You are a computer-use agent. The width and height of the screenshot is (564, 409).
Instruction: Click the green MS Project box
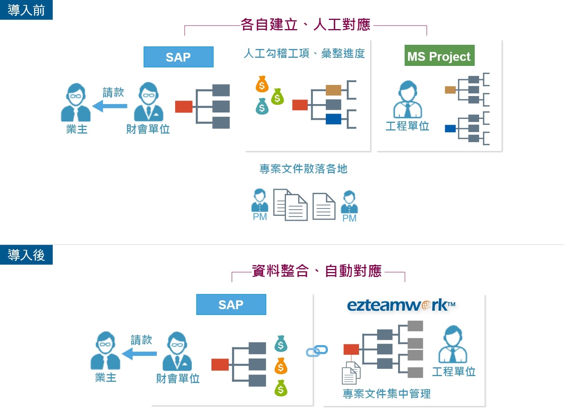439,56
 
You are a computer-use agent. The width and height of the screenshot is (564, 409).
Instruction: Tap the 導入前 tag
26,10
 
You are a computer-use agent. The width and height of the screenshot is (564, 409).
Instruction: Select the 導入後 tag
26,255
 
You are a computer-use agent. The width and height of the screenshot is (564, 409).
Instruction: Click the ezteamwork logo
401,305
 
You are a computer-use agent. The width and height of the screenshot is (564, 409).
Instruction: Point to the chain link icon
317,351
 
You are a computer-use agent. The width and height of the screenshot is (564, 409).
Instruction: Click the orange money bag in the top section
262,84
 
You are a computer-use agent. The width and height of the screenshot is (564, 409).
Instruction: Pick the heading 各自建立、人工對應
305,24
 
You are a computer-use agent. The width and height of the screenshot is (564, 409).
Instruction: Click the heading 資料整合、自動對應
317,271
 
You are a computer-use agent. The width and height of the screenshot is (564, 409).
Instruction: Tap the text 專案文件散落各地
303,169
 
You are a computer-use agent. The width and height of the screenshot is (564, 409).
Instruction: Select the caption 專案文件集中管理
387,393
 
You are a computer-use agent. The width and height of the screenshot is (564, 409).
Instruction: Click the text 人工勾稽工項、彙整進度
304,54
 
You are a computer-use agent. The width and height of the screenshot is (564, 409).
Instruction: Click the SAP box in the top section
178,57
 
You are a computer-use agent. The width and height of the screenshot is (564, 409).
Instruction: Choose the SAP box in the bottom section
231,305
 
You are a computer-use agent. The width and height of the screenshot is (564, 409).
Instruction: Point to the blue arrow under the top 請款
110,106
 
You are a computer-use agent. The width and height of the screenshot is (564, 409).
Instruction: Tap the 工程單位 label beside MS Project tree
407,126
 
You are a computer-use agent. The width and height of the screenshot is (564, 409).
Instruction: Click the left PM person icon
260,200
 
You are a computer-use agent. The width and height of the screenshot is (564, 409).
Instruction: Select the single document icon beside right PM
323,206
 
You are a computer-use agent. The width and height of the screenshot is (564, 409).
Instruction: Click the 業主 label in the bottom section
106,378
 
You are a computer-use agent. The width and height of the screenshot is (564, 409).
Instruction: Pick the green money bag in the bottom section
281,388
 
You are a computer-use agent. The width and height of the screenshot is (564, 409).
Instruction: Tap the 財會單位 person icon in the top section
148,102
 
